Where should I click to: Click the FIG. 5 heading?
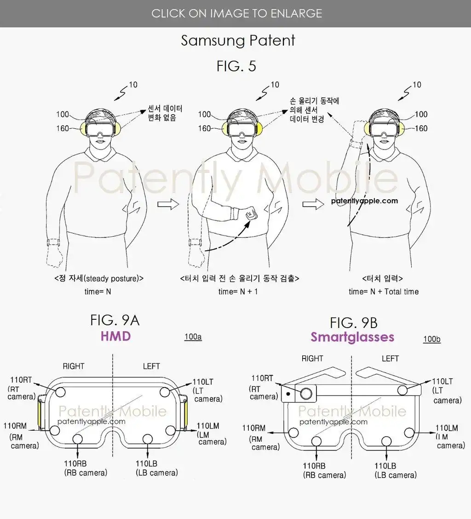236,66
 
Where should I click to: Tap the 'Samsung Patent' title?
238,40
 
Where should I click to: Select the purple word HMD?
115,336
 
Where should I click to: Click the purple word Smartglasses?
352,337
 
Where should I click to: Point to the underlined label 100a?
193,337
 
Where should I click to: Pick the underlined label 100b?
432,339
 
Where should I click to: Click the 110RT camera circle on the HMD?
60,392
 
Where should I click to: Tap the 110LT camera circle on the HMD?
165,392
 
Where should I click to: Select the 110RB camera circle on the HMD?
77,439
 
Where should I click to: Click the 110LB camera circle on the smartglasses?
386,441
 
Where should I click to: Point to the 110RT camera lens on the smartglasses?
306,393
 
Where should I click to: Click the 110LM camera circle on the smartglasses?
409,432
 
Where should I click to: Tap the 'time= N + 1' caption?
238,292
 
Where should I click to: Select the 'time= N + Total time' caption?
384,292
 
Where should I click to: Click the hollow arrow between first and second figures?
168,204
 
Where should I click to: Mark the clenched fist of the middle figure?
251,213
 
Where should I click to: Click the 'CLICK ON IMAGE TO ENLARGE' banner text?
237,13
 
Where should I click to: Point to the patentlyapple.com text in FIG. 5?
364,201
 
